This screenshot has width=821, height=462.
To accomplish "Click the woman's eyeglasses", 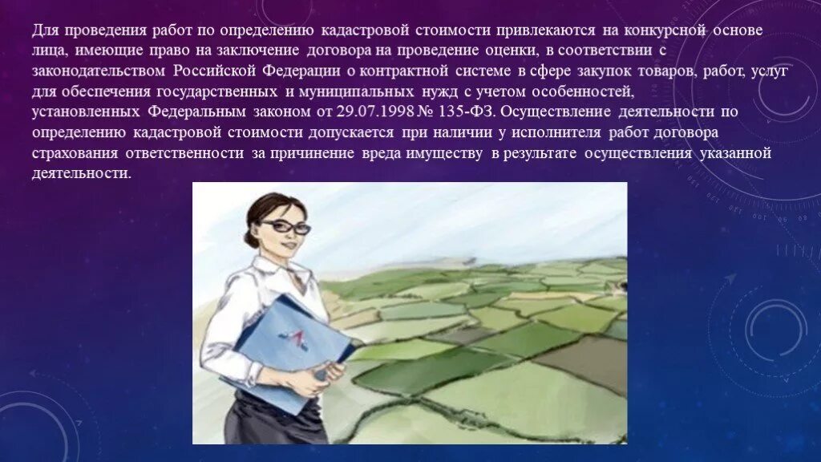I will (x=285, y=228).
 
